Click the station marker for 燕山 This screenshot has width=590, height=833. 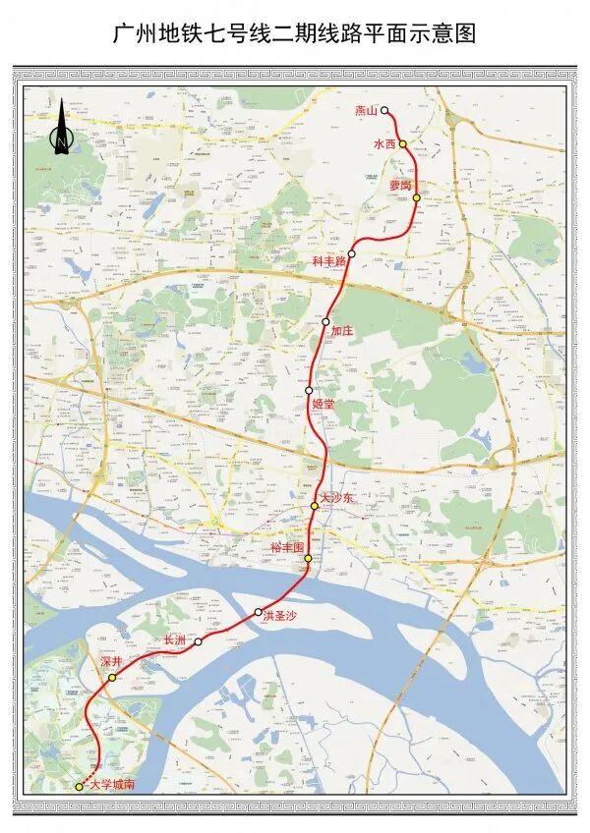(385, 111)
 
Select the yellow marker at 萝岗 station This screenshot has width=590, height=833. (417, 197)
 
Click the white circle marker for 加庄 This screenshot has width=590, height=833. (325, 321)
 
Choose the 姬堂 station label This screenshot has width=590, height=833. (323, 403)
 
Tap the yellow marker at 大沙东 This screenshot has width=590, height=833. (315, 506)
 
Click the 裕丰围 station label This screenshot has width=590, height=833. (289, 546)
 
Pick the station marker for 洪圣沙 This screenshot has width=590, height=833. (259, 612)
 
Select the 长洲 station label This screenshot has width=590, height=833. (174, 639)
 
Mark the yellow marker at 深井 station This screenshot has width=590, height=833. (112, 678)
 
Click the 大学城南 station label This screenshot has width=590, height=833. (111, 785)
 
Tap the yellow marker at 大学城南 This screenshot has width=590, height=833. (80, 786)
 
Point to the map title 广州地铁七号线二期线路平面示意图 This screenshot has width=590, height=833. (294, 33)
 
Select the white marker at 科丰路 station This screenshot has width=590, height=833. (351, 253)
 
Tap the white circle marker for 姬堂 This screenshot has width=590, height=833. (309, 390)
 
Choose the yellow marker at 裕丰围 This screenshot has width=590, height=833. (308, 558)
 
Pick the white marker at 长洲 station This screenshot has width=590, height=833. (198, 642)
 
